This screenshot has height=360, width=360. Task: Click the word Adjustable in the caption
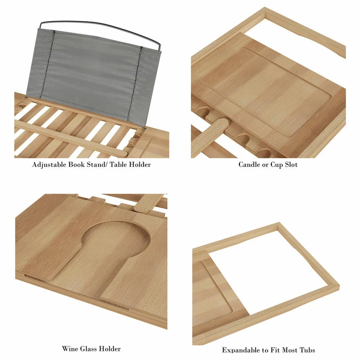click(x=49, y=165)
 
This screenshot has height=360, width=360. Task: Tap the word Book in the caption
click(x=76, y=164)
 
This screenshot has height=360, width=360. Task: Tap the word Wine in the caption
click(x=70, y=348)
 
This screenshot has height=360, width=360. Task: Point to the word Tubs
click(x=306, y=350)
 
